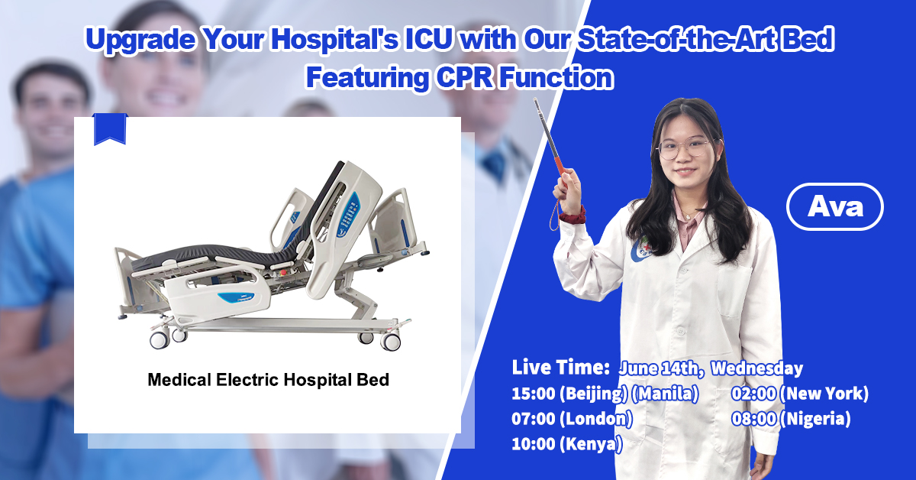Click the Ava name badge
click(x=834, y=207)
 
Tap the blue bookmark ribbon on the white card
click(x=110, y=129)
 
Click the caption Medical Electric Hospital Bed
click(x=268, y=380)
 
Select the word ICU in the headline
click(x=428, y=39)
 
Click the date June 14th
click(x=661, y=368)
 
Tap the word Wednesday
click(x=757, y=368)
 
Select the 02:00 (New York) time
click(x=800, y=394)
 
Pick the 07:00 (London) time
click(x=572, y=419)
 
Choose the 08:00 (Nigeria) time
click(x=792, y=419)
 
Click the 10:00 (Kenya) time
click(x=567, y=444)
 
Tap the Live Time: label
click(x=560, y=368)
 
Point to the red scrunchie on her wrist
click(x=572, y=216)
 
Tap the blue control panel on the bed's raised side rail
click(x=348, y=215)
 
